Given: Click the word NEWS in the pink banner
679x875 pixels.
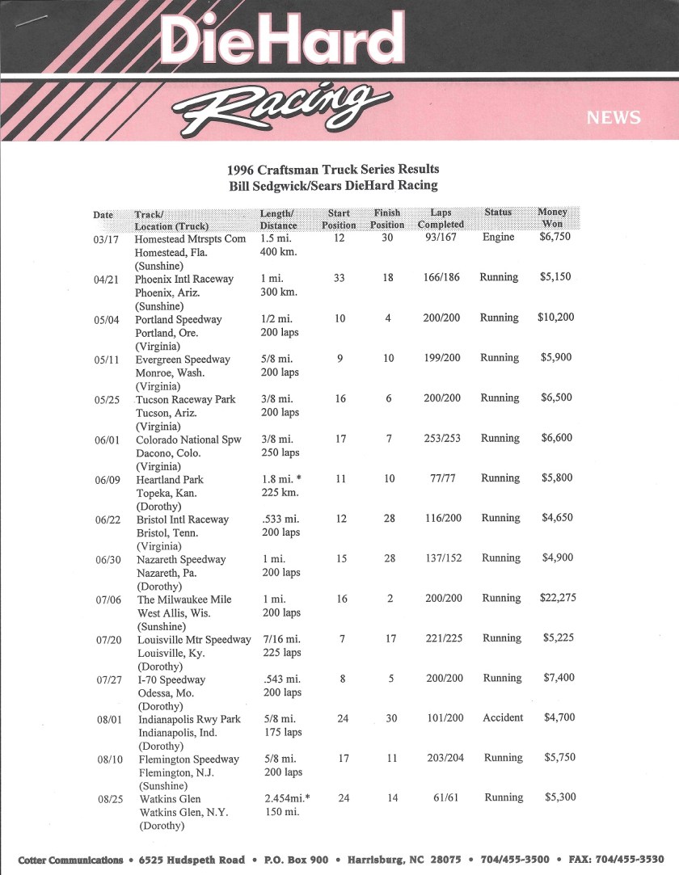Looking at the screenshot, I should (x=614, y=118).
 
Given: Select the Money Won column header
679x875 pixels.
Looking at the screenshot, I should (x=553, y=217).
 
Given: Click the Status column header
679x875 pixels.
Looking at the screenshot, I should (x=498, y=212).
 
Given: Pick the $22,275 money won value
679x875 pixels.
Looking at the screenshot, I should (x=558, y=598).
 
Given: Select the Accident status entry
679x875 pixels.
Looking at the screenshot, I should (x=503, y=717).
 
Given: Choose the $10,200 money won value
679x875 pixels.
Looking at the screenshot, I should (x=556, y=317).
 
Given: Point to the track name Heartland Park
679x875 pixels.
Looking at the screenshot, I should (x=170, y=479).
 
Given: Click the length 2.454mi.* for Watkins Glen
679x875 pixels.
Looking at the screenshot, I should (x=287, y=797).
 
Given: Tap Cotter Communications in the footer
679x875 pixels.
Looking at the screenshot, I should (x=71, y=859).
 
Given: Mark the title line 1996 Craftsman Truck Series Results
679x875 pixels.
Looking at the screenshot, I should (x=333, y=169).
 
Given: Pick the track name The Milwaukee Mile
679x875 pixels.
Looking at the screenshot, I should (x=184, y=599).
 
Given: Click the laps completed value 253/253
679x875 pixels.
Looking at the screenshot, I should (x=441, y=438).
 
